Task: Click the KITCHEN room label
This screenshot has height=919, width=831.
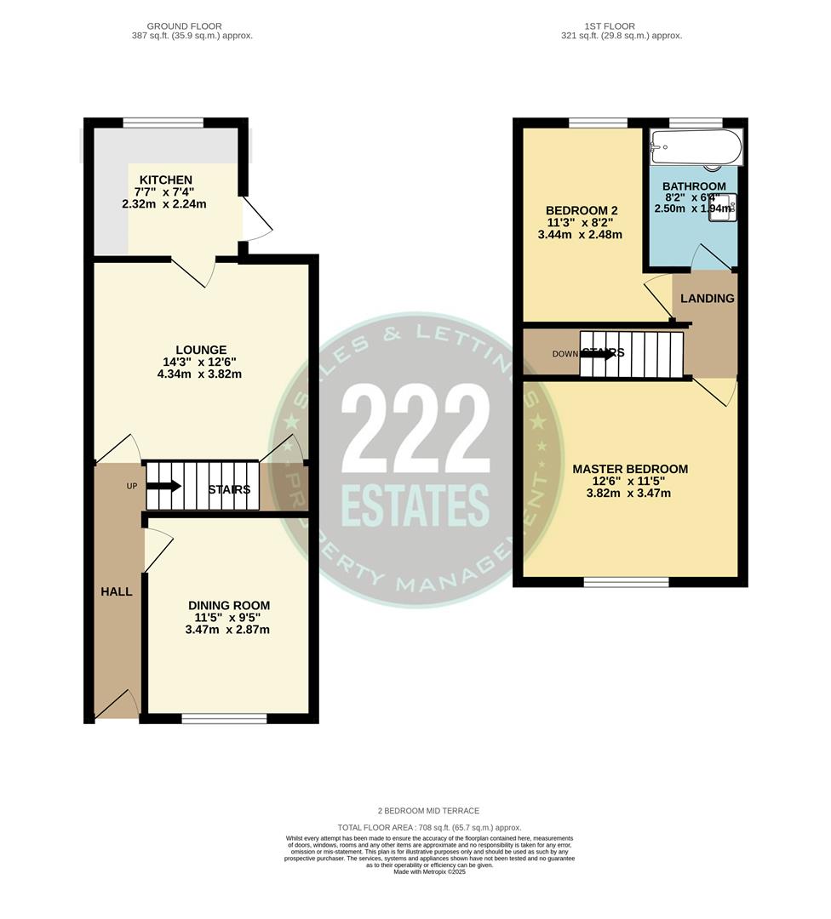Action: [166, 180]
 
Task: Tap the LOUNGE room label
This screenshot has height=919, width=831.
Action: [201, 350]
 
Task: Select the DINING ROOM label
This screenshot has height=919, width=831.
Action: [229, 605]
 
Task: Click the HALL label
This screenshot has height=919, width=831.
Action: [117, 591]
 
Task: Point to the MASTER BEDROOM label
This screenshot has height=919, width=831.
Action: [630, 469]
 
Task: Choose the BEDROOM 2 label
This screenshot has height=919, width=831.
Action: [581, 210]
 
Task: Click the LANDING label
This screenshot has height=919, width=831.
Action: [707, 298]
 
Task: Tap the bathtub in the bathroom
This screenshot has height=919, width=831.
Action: [695, 147]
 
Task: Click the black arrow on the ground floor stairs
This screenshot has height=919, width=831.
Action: [163, 486]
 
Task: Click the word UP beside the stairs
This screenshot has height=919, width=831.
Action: [131, 487]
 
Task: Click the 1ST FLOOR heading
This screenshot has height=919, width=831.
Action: [622, 26]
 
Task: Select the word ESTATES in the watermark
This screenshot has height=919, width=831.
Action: [415, 505]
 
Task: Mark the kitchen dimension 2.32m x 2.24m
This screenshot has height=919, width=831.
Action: [164, 204]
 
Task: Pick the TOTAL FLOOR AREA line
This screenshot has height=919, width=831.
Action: [429, 827]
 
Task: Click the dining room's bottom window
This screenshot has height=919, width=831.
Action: [224, 719]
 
